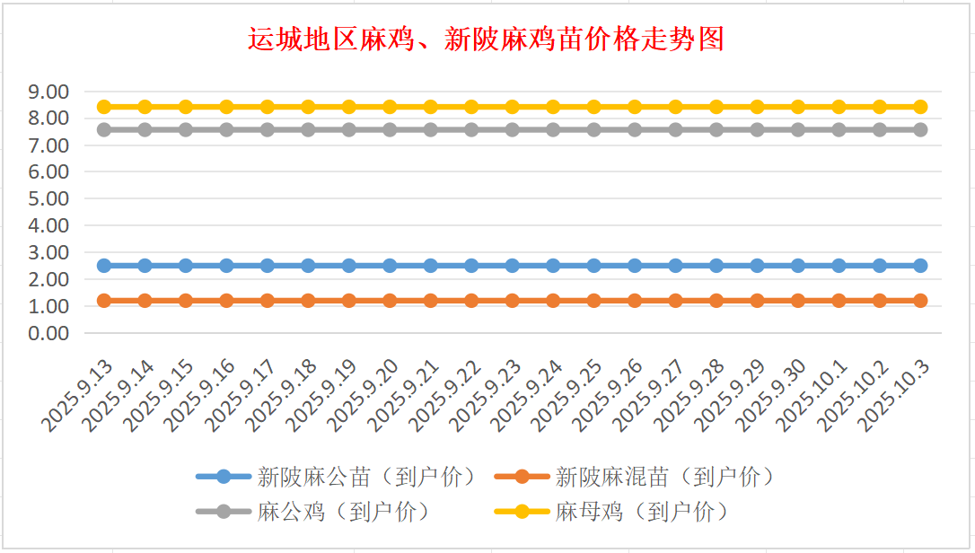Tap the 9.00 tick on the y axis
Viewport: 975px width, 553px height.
point(48,92)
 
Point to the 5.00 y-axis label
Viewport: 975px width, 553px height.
point(48,198)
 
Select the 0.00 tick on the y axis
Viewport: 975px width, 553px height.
point(48,333)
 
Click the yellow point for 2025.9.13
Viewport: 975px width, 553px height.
point(104,107)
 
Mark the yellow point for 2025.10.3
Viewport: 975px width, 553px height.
point(920,107)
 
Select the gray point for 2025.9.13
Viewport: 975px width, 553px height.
point(104,129)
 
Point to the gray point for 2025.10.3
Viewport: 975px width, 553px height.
point(920,129)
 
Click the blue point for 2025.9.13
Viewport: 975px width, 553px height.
point(104,266)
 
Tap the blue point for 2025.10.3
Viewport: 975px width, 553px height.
point(920,266)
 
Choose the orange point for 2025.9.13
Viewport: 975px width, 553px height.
point(104,301)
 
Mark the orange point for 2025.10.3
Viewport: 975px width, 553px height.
point(920,301)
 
